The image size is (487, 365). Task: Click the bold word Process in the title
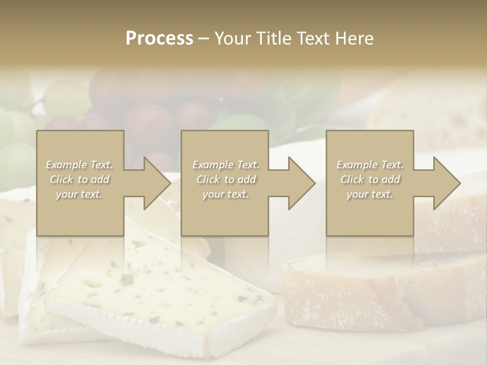click(x=159, y=39)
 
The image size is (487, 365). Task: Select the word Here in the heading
click(x=356, y=39)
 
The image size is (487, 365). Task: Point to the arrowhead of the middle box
click(x=299, y=184)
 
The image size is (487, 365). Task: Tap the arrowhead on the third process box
click(x=444, y=184)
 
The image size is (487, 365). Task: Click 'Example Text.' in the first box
click(x=80, y=165)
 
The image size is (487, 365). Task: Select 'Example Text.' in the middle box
click(x=226, y=165)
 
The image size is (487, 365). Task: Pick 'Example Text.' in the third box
click(x=370, y=165)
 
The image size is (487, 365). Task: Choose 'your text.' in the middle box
click(x=225, y=194)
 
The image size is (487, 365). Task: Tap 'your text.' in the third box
click(x=369, y=194)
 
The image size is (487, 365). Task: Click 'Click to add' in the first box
click(x=80, y=179)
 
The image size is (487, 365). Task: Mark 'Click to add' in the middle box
click(x=226, y=179)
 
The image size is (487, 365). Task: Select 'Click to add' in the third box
click(x=370, y=179)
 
